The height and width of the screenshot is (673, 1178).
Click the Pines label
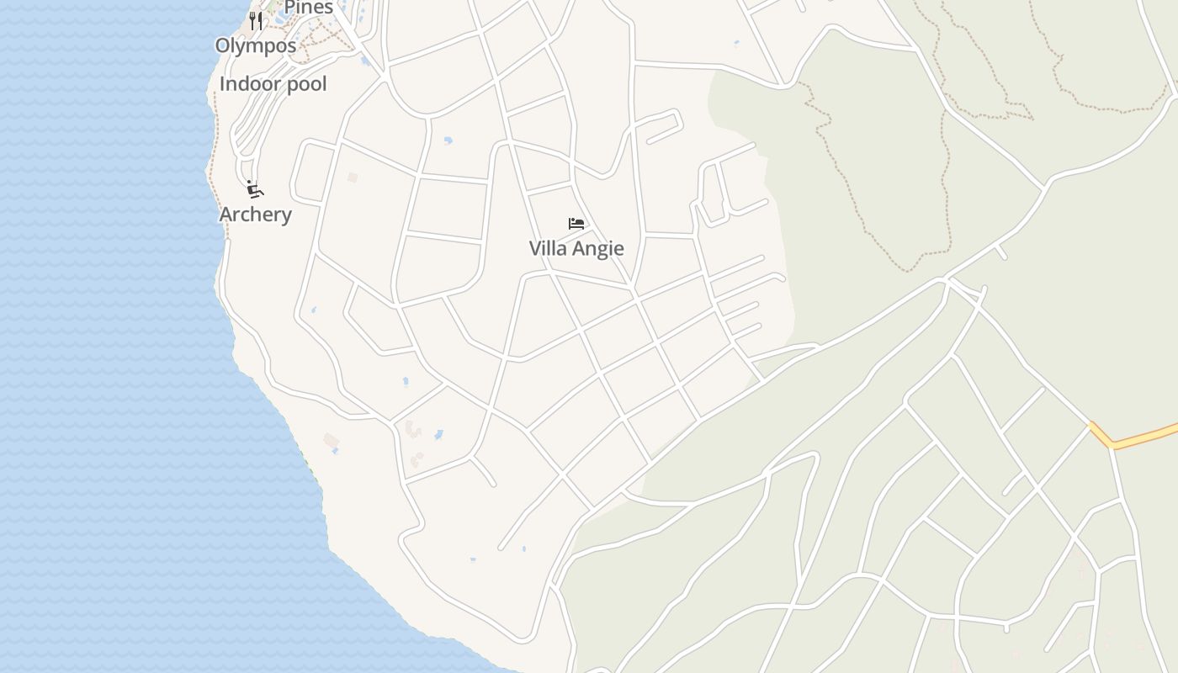pyautogui.click(x=309, y=8)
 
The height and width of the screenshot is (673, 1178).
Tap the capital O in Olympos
pyautogui.click(x=223, y=45)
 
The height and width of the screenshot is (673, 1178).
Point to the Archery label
pyautogui.click(x=255, y=215)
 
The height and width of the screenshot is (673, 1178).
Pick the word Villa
pyautogui.click(x=548, y=248)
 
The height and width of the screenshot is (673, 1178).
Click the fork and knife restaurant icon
pyautogui.click(x=256, y=20)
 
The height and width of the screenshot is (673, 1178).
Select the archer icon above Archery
pyautogui.click(x=255, y=189)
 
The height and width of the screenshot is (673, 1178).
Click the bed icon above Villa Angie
pyautogui.click(x=576, y=224)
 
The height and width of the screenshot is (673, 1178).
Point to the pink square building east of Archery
pyautogui.click(x=353, y=178)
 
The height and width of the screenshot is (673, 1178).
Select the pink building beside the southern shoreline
pyautogui.click(x=331, y=441)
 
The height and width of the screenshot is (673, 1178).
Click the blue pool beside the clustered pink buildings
pyautogui.click(x=438, y=435)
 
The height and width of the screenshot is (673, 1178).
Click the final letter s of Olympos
pyautogui.click(x=291, y=45)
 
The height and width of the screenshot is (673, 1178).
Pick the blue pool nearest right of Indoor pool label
pyautogui.click(x=364, y=61)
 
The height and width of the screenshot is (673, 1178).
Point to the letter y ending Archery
pyautogui.click(x=286, y=216)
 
